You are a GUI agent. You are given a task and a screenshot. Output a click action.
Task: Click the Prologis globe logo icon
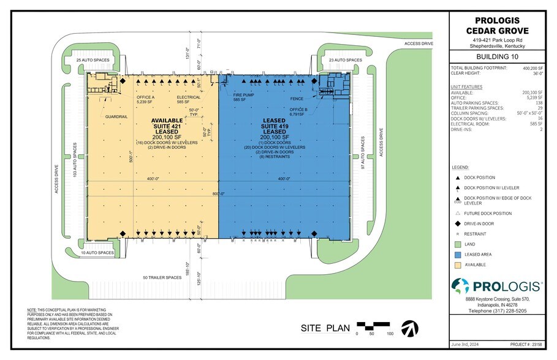click(461, 286)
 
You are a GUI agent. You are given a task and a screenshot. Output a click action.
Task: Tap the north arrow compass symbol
click(408, 329)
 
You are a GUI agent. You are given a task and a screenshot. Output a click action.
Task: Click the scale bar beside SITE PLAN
click(373, 324)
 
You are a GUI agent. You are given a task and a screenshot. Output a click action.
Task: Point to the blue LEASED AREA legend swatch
click(457, 254)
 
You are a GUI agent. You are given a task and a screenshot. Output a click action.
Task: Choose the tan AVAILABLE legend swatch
click(457, 264)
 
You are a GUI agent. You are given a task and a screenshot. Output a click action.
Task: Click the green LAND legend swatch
click(457, 244)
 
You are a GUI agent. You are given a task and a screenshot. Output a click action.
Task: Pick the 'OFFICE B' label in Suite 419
click(298, 110)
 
